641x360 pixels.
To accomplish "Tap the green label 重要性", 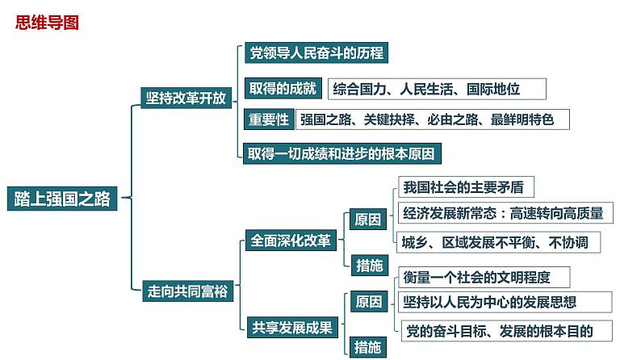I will point(268,119).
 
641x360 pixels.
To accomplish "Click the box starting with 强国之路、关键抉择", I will point(432,119).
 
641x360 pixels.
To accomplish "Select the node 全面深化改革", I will point(290,241).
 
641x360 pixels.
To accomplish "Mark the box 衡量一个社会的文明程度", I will point(483,278).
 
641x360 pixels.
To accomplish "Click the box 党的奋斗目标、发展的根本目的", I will point(505,329).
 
